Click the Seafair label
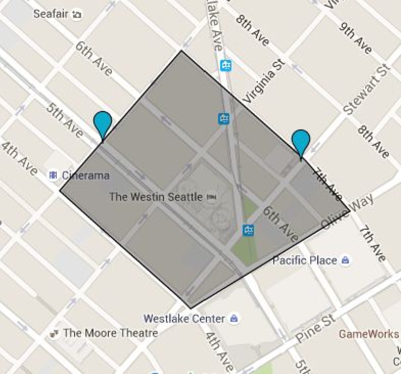pyautogui.click(x=50, y=14)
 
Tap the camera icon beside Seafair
pyautogui.click(x=77, y=14)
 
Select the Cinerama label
pyautogui.click(x=85, y=175)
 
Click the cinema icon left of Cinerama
pyautogui.click(x=52, y=175)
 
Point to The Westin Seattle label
pyautogui.click(x=156, y=197)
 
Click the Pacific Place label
pyautogui.click(x=305, y=260)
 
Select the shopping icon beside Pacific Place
pyautogui.click(x=345, y=260)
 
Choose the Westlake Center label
pyautogui.click(x=184, y=318)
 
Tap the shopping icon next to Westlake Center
pyautogui.click(x=234, y=318)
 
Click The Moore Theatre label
pyautogui.click(x=110, y=332)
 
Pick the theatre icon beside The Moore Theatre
pyautogui.click(x=55, y=333)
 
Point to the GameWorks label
pyautogui.click(x=369, y=333)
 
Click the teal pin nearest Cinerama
pyautogui.click(x=102, y=124)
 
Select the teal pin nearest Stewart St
pyautogui.click(x=301, y=143)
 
